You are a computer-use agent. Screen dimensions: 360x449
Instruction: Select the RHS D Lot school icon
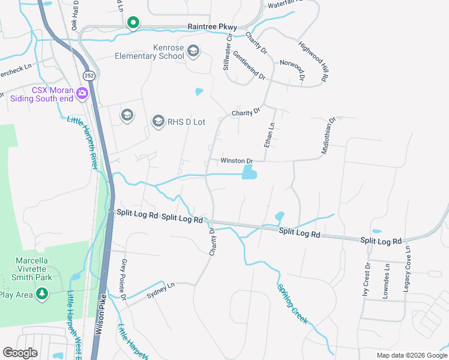[158, 122]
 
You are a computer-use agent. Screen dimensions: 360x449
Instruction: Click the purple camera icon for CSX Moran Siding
[82, 94]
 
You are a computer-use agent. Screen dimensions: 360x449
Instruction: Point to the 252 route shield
[89, 76]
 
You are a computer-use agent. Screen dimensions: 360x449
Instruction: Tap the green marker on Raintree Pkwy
[133, 23]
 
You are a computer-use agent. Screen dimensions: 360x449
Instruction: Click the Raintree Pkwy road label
[212, 27]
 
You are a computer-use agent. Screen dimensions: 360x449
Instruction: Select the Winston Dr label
[237, 161]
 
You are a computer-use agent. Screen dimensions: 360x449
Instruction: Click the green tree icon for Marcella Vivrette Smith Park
[42, 294]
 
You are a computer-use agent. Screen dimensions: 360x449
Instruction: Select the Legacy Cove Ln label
[407, 269]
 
